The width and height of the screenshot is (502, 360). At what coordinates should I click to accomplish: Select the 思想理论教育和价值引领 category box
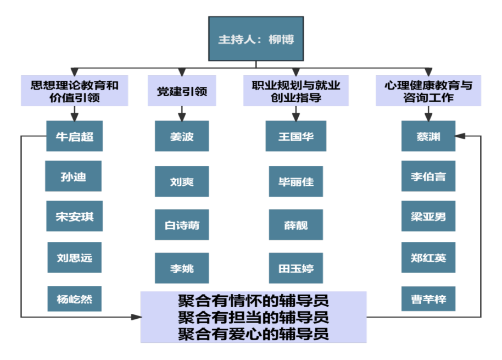coord(75,91)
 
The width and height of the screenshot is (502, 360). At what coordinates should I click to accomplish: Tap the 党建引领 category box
coord(182,91)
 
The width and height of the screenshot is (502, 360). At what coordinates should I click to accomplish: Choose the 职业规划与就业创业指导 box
coord(296,91)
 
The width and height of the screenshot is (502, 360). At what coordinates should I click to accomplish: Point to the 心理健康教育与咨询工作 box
coord(428,91)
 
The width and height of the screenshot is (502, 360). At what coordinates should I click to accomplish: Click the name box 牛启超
coord(74,136)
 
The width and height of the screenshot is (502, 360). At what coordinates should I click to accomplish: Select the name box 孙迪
coord(74,176)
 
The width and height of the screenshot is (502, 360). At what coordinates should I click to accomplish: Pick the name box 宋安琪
coord(74,217)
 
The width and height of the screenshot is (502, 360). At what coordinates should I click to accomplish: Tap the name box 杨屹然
coord(75,300)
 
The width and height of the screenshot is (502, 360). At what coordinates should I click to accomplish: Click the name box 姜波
coord(182,136)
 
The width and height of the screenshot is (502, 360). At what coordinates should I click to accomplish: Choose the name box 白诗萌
coord(182,225)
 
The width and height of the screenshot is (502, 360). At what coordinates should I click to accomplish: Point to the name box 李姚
coord(182,268)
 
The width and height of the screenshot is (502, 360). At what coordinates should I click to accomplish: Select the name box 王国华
coord(295,136)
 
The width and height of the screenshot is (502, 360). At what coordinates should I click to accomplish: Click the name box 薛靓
coord(296,225)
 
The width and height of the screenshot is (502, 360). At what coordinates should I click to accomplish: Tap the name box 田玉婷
coord(296,268)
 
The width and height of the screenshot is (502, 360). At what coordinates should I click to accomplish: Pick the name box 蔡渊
coord(428,136)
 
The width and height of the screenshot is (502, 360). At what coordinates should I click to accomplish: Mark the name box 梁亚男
coord(428,217)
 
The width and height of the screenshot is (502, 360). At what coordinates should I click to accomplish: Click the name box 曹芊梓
coord(428,300)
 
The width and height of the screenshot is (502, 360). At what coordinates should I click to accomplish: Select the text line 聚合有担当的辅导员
coord(254,317)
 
